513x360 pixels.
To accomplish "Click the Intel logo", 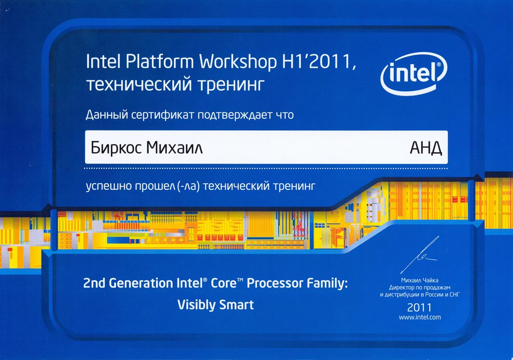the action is tap(414, 73).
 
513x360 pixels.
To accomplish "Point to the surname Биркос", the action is tap(116, 148).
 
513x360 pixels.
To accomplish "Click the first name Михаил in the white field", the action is tap(174, 148).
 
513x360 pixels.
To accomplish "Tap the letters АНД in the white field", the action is tap(426, 148).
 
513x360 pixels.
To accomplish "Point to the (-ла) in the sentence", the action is tap(188, 186).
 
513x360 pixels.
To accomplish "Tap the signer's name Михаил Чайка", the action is tap(420, 280).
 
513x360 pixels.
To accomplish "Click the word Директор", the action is tap(402, 287).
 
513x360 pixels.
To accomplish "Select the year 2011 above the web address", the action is tap(420, 307).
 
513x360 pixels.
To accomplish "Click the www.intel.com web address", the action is tap(420, 317).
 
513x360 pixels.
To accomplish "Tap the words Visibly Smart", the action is tap(215, 305).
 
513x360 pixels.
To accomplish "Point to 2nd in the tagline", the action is tap(94, 283).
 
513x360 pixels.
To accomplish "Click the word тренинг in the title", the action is tap(231, 85).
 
